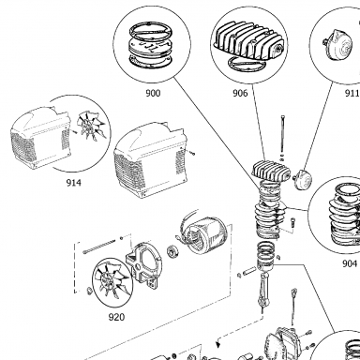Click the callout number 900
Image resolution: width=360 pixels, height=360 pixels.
click(x=153, y=93)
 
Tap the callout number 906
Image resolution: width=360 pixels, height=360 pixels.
click(x=240, y=93)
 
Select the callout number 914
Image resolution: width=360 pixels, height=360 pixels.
click(x=73, y=183)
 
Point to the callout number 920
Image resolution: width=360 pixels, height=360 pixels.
click(x=116, y=317)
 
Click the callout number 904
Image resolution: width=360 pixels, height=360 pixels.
click(x=350, y=263)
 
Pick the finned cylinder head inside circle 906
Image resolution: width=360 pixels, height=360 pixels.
click(x=248, y=39)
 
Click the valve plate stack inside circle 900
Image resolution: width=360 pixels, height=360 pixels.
click(x=152, y=45)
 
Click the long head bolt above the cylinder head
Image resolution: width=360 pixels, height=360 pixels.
click(x=282, y=134)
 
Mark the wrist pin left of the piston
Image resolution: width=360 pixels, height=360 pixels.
click(x=249, y=270)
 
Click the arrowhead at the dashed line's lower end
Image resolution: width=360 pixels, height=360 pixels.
click(x=218, y=344)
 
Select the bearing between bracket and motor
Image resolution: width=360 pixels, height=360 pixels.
click(x=172, y=251)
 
